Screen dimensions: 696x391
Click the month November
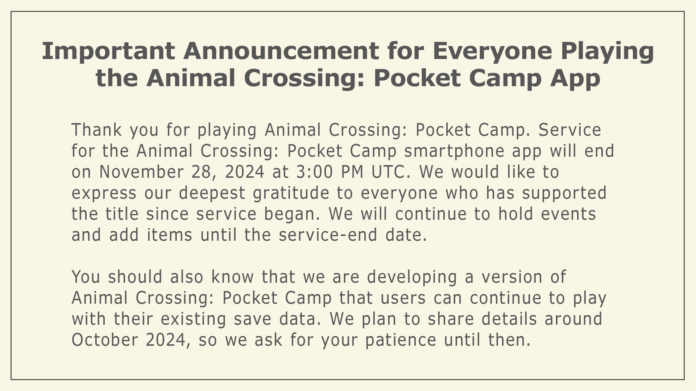pos(141,172)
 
